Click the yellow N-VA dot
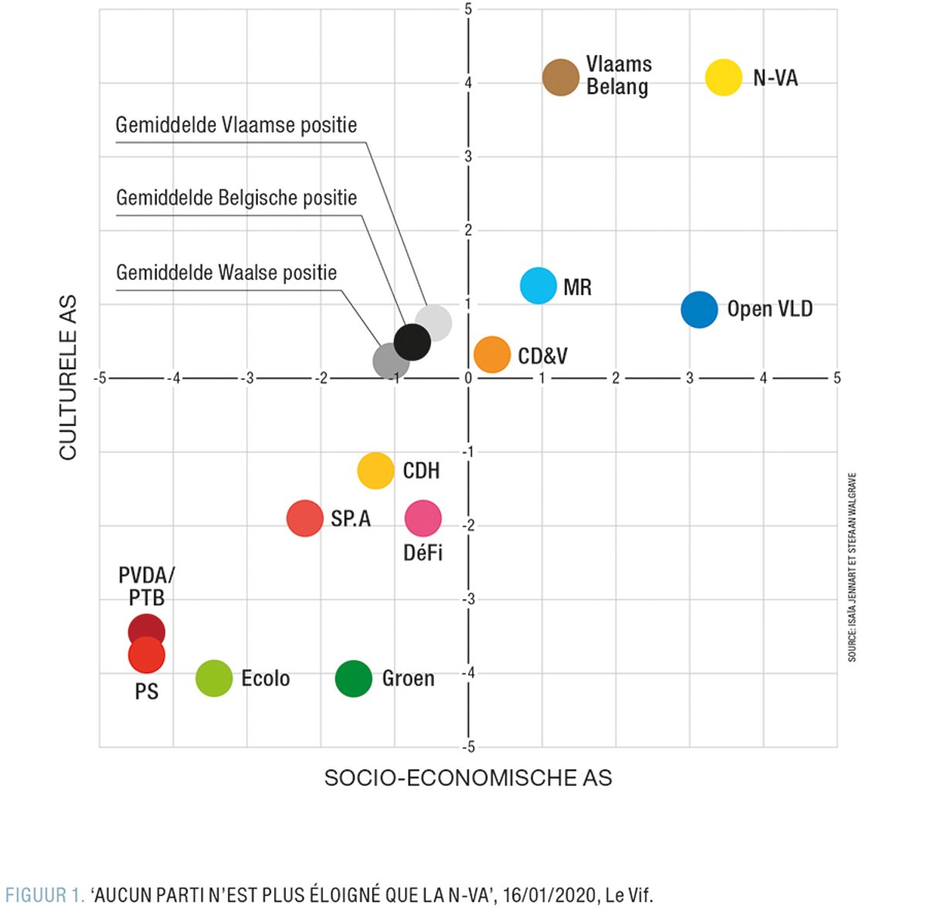[x=724, y=77]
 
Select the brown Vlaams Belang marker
[x=561, y=77]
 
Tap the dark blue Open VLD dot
[x=699, y=310]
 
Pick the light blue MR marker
[x=538, y=286]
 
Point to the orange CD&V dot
[x=492, y=355]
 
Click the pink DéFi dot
[x=423, y=518]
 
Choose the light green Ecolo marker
[x=214, y=679]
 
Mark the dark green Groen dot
[x=354, y=679]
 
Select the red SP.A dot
[x=305, y=518]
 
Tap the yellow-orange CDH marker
[x=376, y=470]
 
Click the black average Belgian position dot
[x=413, y=342]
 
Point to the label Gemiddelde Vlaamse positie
[x=236, y=125]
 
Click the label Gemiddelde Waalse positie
[x=226, y=273]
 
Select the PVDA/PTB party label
[x=147, y=586]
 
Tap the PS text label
[x=147, y=691]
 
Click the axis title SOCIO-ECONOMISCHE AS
[x=468, y=778]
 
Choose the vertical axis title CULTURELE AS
[x=68, y=377]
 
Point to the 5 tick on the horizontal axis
[x=837, y=378]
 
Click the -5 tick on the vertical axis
[x=469, y=747]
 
